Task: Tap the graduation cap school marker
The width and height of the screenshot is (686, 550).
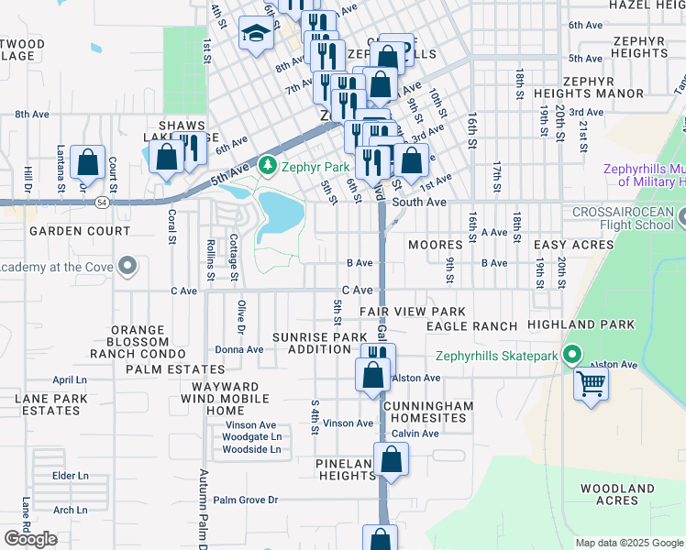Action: (255, 35)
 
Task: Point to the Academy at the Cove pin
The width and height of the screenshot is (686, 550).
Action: (128, 267)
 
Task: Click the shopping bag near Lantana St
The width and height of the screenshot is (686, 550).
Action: (87, 163)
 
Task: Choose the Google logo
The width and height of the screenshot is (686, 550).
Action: (30, 538)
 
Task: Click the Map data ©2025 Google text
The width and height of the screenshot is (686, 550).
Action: (629, 543)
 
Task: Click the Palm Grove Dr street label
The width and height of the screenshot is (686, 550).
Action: (245, 500)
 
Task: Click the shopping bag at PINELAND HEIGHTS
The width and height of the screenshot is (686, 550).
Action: (391, 461)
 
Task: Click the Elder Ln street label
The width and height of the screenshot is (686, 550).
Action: (70, 476)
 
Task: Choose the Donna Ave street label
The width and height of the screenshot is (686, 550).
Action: (238, 349)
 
